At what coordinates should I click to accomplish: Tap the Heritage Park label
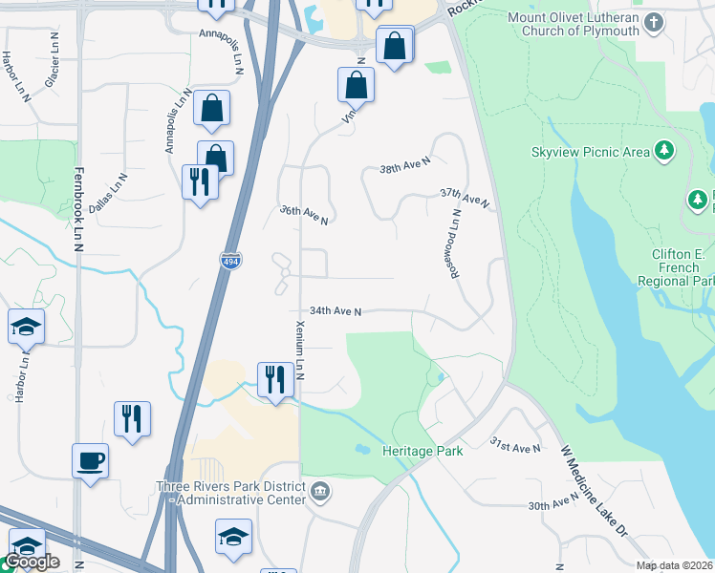[x=422, y=450]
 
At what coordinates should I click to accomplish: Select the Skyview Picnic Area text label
[x=590, y=152]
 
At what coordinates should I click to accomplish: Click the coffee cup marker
[x=91, y=461]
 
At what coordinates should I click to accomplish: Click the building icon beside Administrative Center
[x=320, y=493]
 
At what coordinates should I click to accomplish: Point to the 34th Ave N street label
[x=336, y=311]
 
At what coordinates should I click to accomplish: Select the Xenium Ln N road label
[x=299, y=350]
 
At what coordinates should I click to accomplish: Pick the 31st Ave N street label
[x=514, y=445]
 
